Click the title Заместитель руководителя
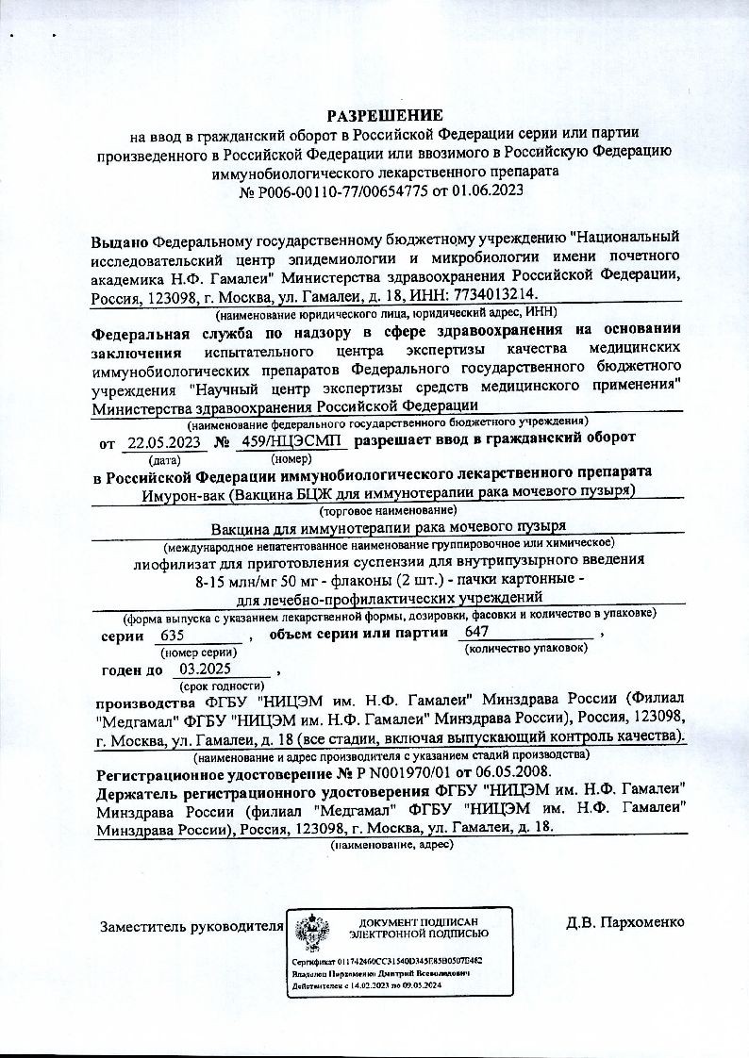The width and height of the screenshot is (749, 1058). [191, 927]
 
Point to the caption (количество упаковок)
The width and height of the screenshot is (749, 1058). [526, 650]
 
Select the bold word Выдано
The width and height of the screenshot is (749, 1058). [120, 241]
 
